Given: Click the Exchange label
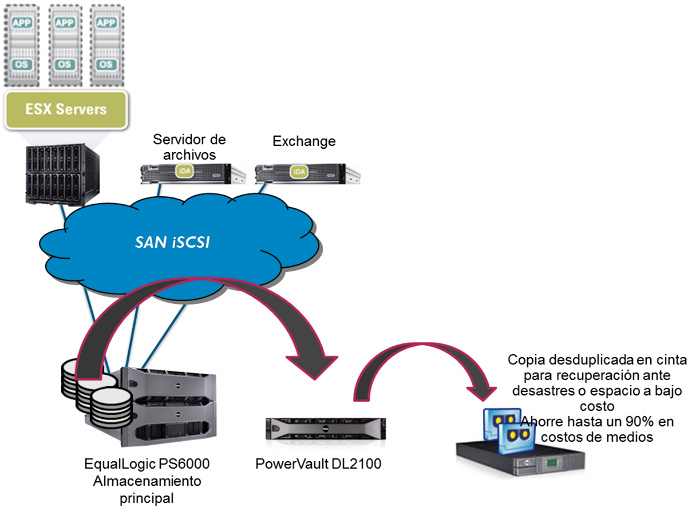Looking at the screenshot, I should coord(304,142).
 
